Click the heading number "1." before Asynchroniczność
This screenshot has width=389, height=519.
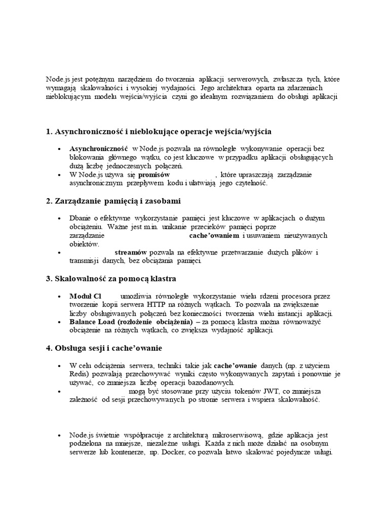pos(49,132)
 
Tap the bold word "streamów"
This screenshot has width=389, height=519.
pos(131,252)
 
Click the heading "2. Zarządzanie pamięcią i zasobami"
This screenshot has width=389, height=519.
pos(113,201)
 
